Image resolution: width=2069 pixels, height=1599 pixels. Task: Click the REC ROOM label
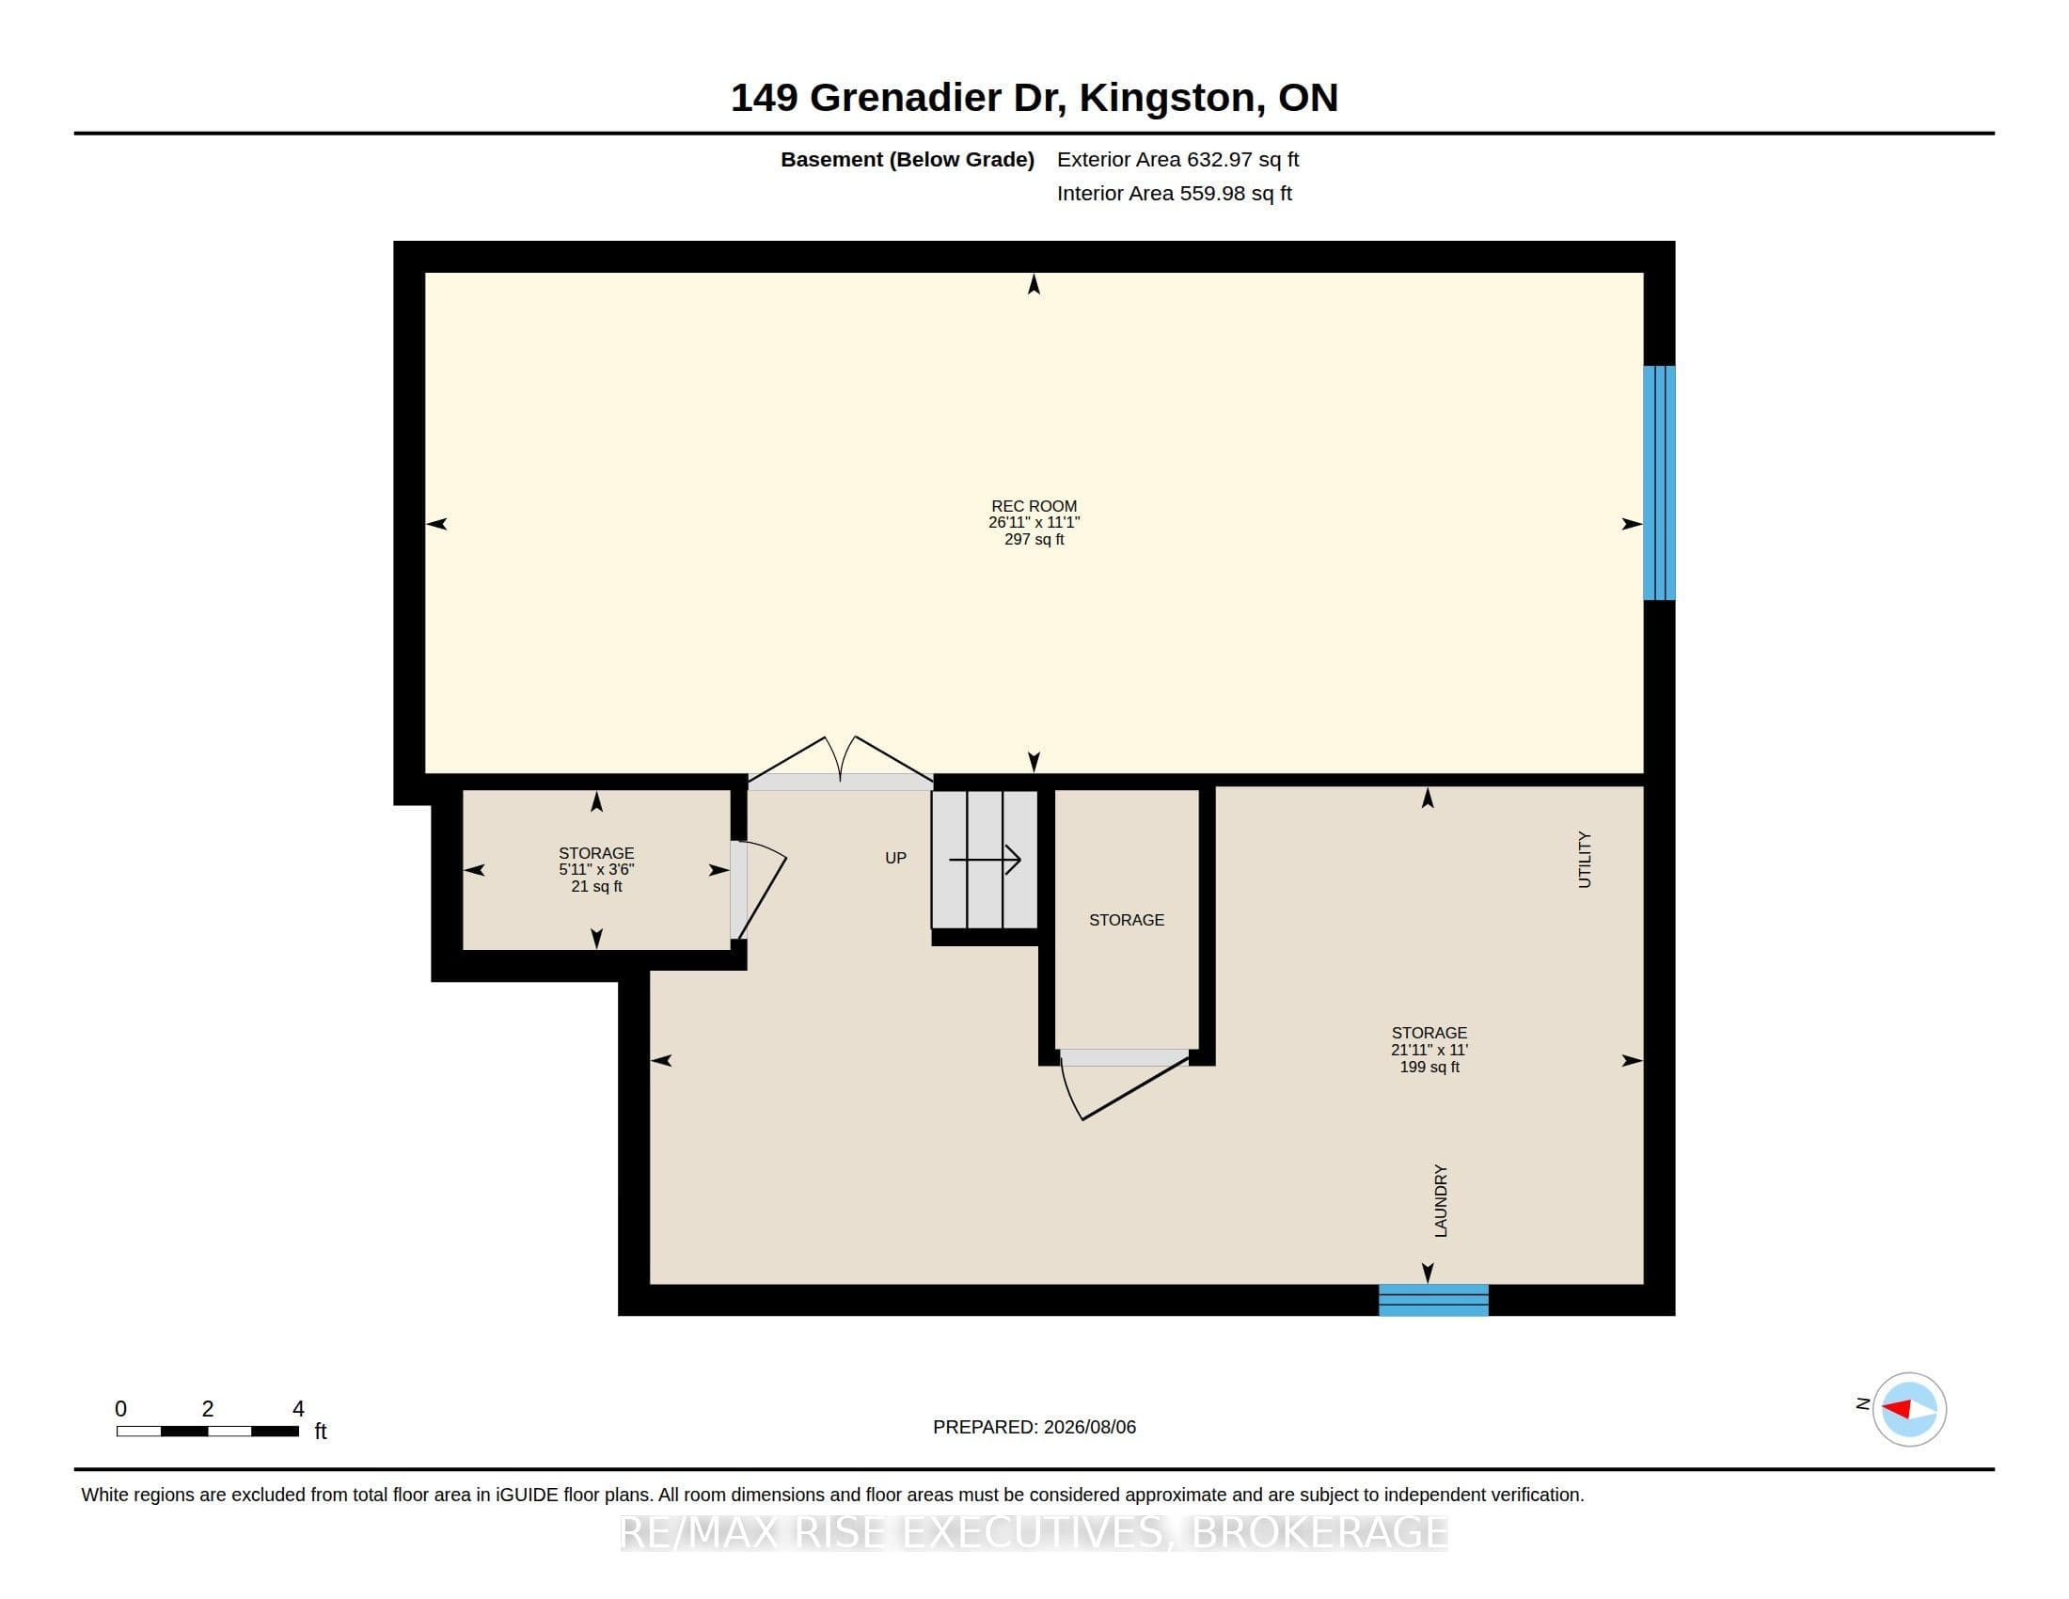click(1034, 506)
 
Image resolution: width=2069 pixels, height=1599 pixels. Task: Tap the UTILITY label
click(1584, 859)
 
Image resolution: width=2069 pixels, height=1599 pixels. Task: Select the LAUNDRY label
click(1440, 1200)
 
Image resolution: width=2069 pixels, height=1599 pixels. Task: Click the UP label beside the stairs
click(895, 858)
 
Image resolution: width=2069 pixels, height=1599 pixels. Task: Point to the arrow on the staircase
click(985, 860)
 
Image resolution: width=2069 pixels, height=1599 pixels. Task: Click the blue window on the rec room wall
click(1659, 483)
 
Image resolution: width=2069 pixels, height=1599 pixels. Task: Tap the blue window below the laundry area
click(1433, 1300)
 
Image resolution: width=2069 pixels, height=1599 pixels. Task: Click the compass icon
click(1909, 1409)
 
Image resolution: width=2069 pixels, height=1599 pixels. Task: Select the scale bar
click(208, 1431)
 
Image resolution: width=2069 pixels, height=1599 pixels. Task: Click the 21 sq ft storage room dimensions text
click(596, 870)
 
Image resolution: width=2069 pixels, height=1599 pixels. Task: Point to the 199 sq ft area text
click(1429, 1067)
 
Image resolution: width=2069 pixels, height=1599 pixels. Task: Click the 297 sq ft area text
click(1034, 539)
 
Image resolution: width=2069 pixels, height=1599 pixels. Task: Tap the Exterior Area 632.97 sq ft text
click(1177, 159)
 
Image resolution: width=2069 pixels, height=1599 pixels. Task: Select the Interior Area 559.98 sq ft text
click(1174, 193)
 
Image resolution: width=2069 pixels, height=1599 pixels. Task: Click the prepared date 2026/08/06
click(1089, 1427)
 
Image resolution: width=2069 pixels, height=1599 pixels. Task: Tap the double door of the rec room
click(840, 762)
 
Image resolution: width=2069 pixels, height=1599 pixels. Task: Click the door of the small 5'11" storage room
click(758, 891)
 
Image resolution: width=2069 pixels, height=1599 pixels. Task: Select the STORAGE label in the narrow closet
click(1127, 920)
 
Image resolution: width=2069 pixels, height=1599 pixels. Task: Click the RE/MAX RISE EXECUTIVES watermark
click(1034, 1531)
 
